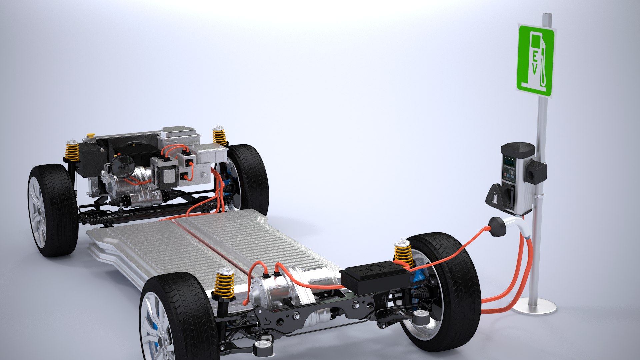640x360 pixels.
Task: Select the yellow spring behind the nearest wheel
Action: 224,285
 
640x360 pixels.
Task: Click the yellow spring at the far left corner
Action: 72,151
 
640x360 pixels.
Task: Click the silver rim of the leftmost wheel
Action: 37,212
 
